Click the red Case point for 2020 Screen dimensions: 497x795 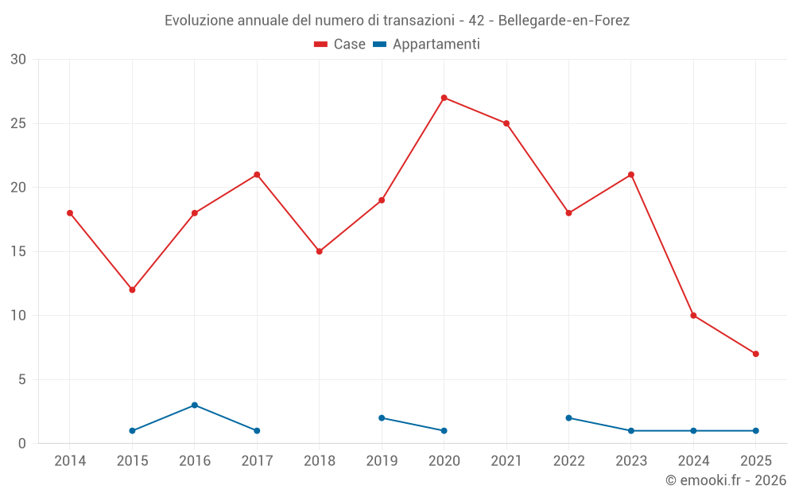(444, 98)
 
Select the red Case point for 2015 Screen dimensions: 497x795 (132, 289)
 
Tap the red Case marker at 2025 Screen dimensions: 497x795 (755, 354)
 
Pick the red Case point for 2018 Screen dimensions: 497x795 (319, 251)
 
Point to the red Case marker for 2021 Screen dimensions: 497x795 (506, 123)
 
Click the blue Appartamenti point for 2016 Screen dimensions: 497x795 (194, 405)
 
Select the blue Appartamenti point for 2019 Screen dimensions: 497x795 (382, 417)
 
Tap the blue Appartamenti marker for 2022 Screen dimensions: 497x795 (568, 417)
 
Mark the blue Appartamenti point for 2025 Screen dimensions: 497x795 (755, 431)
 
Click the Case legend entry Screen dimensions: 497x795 (340, 45)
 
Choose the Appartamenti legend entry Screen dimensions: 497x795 (427, 45)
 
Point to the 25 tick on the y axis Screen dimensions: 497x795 (18, 123)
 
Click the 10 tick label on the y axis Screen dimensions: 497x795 (18, 316)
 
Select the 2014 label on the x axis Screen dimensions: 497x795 (70, 461)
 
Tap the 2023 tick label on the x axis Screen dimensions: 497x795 (631, 461)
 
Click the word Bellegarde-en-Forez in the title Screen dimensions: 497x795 (564, 21)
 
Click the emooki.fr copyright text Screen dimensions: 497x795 (726, 480)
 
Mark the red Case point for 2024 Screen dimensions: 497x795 (693, 316)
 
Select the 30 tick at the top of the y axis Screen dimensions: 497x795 (18, 60)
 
